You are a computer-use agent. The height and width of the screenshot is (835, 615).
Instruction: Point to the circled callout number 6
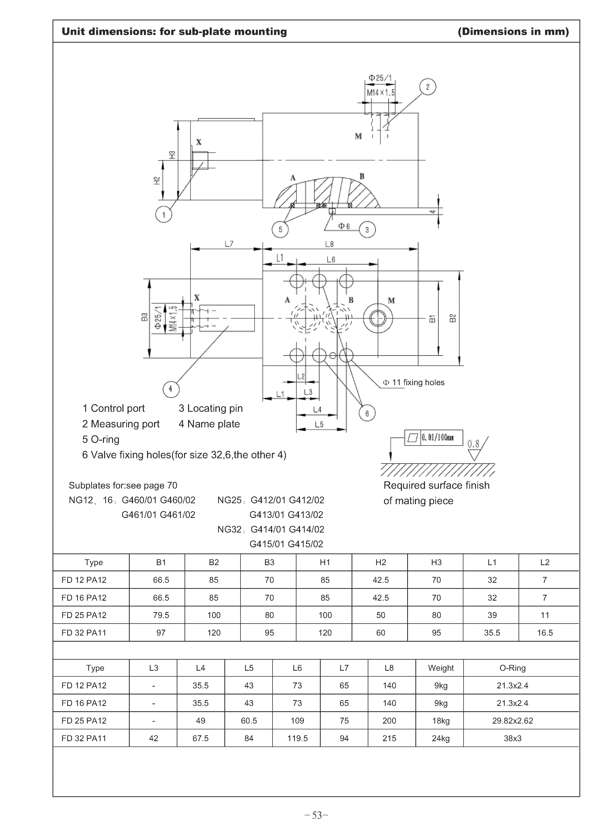tap(367, 413)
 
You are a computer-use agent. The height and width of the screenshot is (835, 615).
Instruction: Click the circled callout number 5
tap(280, 229)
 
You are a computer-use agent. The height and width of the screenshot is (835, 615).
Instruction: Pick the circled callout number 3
tap(367, 230)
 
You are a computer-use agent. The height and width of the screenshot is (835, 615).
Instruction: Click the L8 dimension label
tap(329, 244)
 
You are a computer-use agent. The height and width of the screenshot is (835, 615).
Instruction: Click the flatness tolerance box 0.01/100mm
tap(434, 437)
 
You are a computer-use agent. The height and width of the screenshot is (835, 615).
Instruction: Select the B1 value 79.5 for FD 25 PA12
tap(161, 615)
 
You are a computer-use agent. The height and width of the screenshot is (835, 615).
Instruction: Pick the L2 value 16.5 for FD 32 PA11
tap(545, 633)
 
